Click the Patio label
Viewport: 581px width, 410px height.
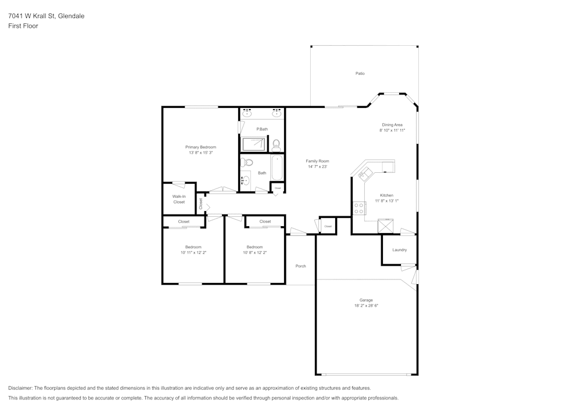[x=360, y=74]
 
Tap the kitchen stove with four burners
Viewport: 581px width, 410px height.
[x=358, y=208]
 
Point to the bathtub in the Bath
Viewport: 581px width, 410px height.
[x=277, y=168]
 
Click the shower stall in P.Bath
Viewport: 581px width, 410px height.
[x=253, y=144]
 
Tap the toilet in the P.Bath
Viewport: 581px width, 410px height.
[x=277, y=143]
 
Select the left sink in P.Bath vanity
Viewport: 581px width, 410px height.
[x=247, y=113]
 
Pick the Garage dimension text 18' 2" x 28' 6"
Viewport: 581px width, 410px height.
[x=366, y=306]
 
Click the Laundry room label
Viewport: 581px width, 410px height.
[x=399, y=250]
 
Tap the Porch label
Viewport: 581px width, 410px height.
[x=300, y=266]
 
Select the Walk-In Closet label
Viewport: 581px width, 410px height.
[x=179, y=199]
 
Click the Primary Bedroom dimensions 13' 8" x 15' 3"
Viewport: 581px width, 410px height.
[x=200, y=153]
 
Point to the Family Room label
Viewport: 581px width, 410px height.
[x=317, y=161]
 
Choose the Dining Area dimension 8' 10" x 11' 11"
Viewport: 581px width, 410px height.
[x=392, y=130]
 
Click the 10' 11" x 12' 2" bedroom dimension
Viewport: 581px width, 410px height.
[x=193, y=252]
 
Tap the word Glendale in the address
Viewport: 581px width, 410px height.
[x=71, y=16]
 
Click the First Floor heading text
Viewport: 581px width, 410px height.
[x=23, y=26]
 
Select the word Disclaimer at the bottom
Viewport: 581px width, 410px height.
[x=20, y=388]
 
